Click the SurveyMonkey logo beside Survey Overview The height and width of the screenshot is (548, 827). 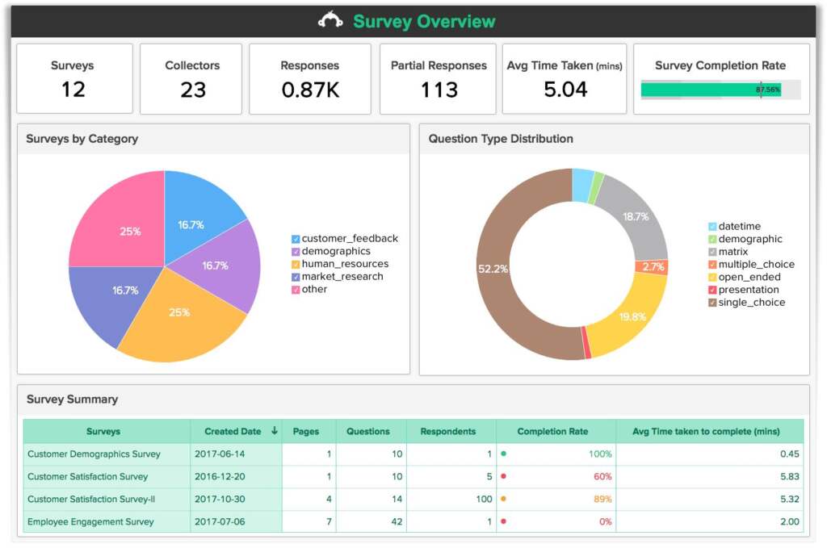pos(330,21)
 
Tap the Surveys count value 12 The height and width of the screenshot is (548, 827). pos(73,89)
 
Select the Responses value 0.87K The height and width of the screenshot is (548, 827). pos(310,90)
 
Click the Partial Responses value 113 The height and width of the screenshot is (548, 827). pos(439,90)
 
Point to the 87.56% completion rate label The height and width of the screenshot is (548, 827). pos(768,90)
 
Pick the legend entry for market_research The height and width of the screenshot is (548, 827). pos(342,277)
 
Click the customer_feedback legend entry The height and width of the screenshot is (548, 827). pos(349,239)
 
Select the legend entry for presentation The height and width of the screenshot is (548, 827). pos(748,290)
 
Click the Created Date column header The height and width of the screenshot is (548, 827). pos(233,432)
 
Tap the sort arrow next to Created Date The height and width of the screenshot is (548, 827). pos(275,431)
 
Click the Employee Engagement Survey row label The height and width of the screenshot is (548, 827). pos(90,522)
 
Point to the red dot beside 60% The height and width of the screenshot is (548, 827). pos(504,477)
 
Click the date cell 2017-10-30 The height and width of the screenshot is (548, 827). pos(220,500)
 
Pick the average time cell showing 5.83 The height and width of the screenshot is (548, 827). pos(789,477)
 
